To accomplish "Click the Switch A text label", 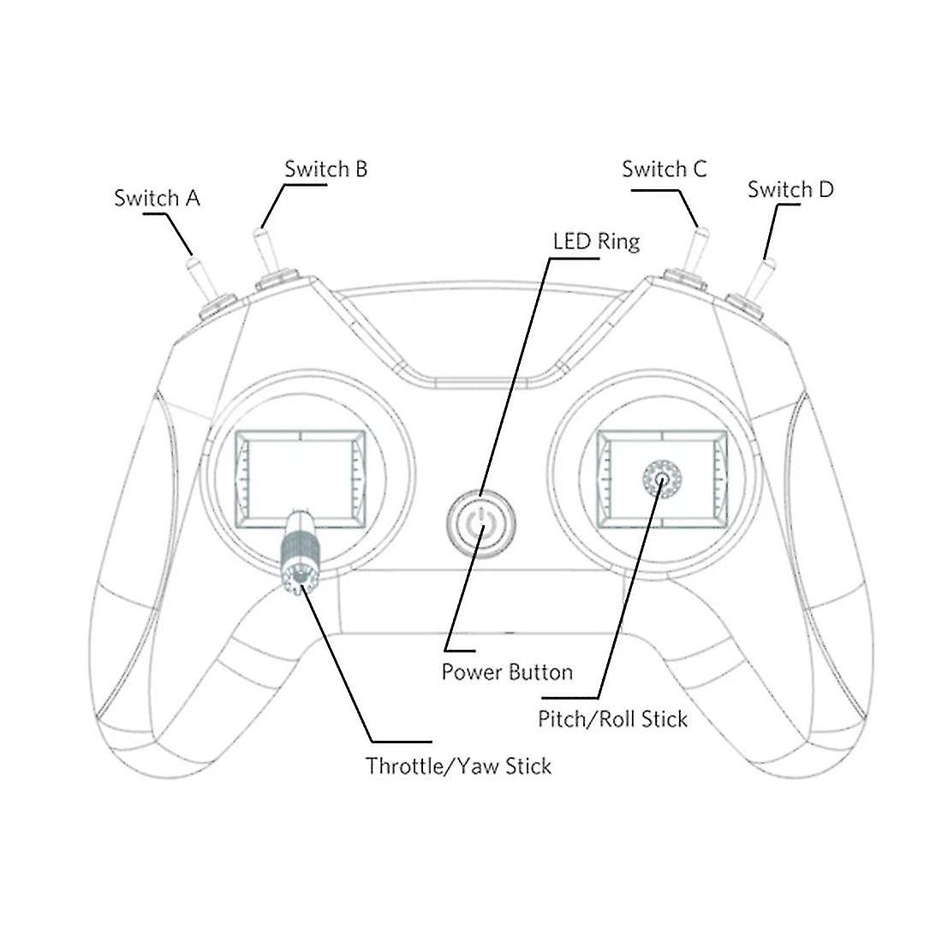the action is point(157,199).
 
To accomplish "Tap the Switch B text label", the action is point(325,169).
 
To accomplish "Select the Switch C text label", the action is point(665,169).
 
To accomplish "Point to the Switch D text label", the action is point(790,189).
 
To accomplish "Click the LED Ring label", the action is point(597,241).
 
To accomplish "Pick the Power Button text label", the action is point(507,671).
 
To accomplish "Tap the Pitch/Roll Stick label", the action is point(612,718).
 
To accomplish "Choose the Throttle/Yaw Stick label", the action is point(458,766).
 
